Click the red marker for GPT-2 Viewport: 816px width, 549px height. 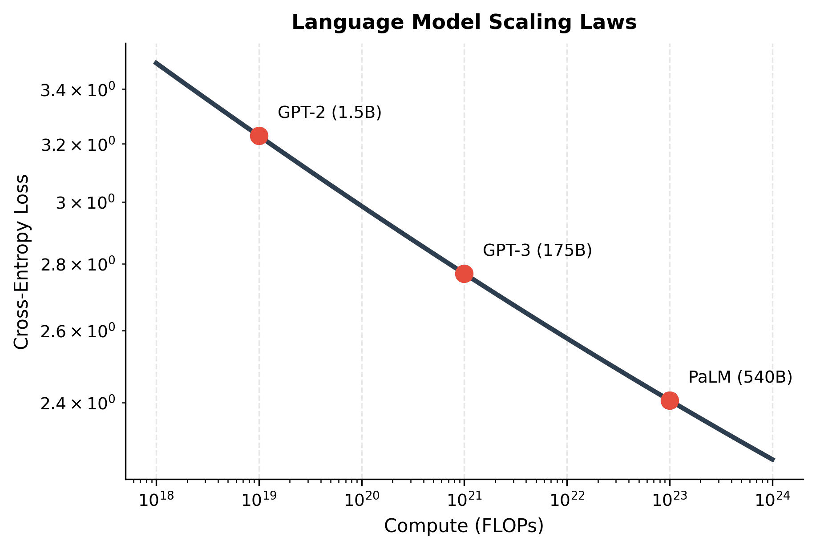pyautogui.click(x=259, y=136)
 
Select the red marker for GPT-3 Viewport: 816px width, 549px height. pyautogui.click(x=464, y=274)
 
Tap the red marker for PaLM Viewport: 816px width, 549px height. pyautogui.click(x=670, y=400)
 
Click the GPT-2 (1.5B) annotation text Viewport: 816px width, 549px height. pyautogui.click(x=329, y=113)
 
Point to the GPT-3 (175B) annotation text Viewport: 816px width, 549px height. pyautogui.click(x=537, y=250)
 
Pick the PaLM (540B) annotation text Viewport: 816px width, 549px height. pyautogui.click(x=740, y=377)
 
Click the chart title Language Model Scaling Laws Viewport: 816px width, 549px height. pyautogui.click(x=464, y=22)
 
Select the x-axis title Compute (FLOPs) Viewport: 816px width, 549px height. pyautogui.click(x=464, y=526)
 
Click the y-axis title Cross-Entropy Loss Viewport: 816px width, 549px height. pyautogui.click(x=21, y=262)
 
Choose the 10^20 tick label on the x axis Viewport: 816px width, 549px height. pyautogui.click(x=361, y=500)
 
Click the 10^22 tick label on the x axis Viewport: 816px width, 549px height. pyautogui.click(x=566, y=500)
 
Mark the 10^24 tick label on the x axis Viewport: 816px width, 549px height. pyautogui.click(x=772, y=500)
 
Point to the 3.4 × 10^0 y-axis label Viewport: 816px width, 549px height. pyautogui.click(x=78, y=90)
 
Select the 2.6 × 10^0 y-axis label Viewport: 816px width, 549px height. pyautogui.click(x=78, y=331)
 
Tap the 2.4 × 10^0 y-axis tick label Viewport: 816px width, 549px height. pyautogui.click(x=78, y=403)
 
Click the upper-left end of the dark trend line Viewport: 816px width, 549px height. pyautogui.click(x=155, y=63)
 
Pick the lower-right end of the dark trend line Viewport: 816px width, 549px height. pyautogui.click(x=773, y=460)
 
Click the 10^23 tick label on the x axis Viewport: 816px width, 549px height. pyautogui.click(x=669, y=500)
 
